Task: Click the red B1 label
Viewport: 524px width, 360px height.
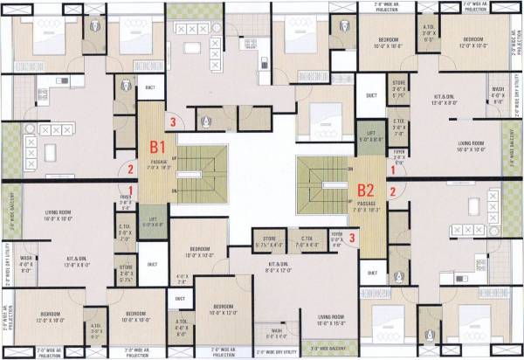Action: (158, 148)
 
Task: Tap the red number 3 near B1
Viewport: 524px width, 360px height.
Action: (175, 122)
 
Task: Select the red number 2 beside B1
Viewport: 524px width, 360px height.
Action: (131, 170)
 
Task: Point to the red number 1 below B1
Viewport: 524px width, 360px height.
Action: (131, 190)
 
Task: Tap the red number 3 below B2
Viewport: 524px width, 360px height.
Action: (352, 237)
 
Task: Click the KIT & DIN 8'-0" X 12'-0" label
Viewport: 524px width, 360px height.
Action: (279, 266)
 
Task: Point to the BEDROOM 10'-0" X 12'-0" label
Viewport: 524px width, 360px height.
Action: (224, 309)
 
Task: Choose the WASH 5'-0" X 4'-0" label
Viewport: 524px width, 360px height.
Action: (277, 333)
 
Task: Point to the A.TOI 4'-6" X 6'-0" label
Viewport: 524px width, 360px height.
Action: (182, 327)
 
